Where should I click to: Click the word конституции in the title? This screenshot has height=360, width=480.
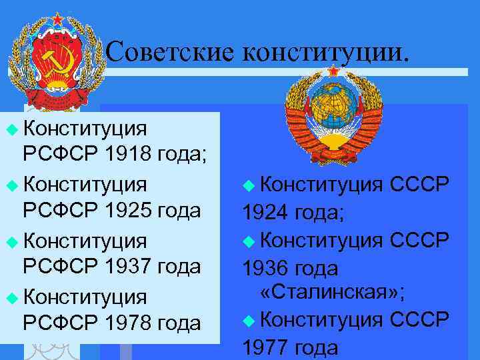(x=323, y=51)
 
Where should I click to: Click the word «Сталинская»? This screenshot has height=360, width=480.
(x=331, y=292)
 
